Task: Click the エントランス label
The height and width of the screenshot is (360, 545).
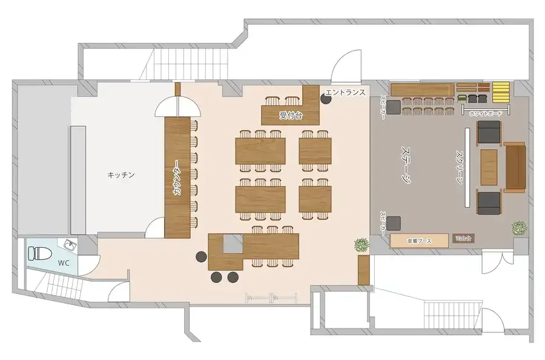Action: coord(345,92)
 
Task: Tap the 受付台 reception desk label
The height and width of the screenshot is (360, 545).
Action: coord(291,115)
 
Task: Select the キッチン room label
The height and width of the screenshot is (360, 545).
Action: coord(121,175)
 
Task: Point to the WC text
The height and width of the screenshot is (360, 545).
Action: coord(64,264)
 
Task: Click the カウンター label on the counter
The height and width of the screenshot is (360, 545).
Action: coord(176,176)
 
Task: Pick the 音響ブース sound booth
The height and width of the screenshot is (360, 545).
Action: coord(419,241)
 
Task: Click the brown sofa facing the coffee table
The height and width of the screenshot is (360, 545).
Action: coord(515,167)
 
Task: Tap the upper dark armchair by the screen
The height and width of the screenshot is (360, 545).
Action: coord(489,132)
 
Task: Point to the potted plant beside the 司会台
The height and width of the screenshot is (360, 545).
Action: coord(518,228)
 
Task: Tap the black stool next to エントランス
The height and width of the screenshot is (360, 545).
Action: coord(326,99)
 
